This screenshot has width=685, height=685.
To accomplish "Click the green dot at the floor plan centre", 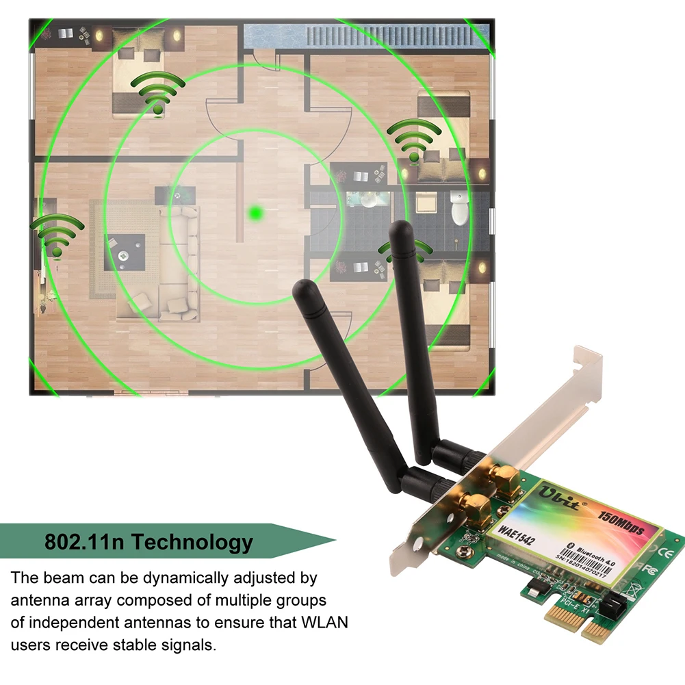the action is (x=257, y=214).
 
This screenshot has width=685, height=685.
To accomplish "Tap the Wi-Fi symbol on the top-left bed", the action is (x=158, y=92).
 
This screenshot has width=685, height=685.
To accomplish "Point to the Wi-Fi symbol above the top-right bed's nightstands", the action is (x=415, y=140).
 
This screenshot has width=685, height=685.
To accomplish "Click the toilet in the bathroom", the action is (x=459, y=209).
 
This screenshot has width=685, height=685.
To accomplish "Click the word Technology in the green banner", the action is (x=192, y=542).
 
